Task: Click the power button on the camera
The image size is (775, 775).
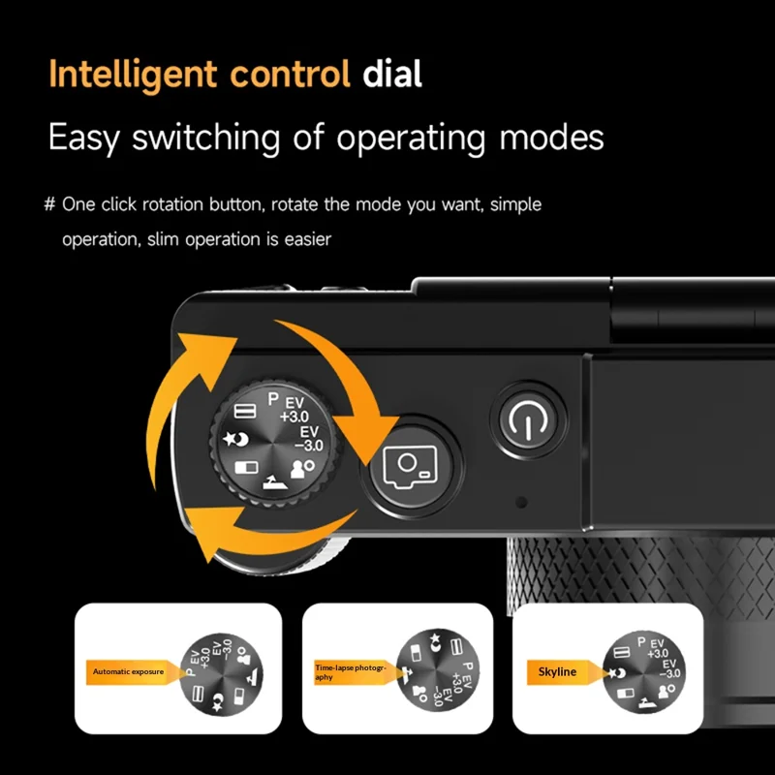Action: (x=528, y=419)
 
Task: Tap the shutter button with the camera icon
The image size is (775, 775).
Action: (x=411, y=467)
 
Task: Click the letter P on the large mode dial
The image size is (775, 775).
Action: (x=273, y=399)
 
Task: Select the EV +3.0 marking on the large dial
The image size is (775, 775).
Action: (x=294, y=410)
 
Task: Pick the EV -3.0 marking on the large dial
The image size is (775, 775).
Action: (x=309, y=439)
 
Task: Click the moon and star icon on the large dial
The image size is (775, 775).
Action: (x=235, y=439)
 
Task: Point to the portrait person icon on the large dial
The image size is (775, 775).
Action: (x=302, y=469)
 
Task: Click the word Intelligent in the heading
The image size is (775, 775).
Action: (x=133, y=75)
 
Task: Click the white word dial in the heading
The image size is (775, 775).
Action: (x=392, y=75)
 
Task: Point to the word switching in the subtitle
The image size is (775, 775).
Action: (x=206, y=138)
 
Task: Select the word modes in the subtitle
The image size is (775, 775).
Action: (x=551, y=137)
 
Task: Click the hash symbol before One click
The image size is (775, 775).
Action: (x=49, y=204)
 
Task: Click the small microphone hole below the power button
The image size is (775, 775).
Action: (x=521, y=502)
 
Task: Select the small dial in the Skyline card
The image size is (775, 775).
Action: (x=644, y=671)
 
